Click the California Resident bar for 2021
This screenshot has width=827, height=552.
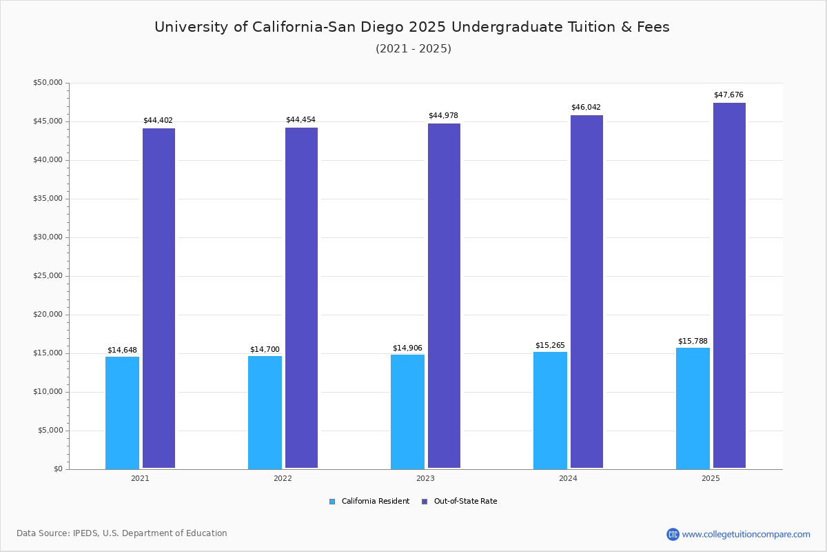122,413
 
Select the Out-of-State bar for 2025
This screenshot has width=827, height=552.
729,286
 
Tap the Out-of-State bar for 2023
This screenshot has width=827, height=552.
444,296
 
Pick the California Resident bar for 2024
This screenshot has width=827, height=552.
550,411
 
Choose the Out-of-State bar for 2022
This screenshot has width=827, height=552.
301,298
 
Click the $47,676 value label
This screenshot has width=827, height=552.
728,95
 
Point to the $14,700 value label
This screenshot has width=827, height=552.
265,350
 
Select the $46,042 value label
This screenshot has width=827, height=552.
586,108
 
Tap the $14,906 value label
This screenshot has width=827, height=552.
407,348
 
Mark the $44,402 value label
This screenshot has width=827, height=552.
158,121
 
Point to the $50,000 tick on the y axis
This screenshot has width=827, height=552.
48,83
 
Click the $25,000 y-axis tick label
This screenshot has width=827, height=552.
48,276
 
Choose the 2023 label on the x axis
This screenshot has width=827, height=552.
425,478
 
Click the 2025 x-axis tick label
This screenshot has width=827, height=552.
711,478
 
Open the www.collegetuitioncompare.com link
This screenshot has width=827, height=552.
746,534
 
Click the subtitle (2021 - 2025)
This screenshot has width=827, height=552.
413,49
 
